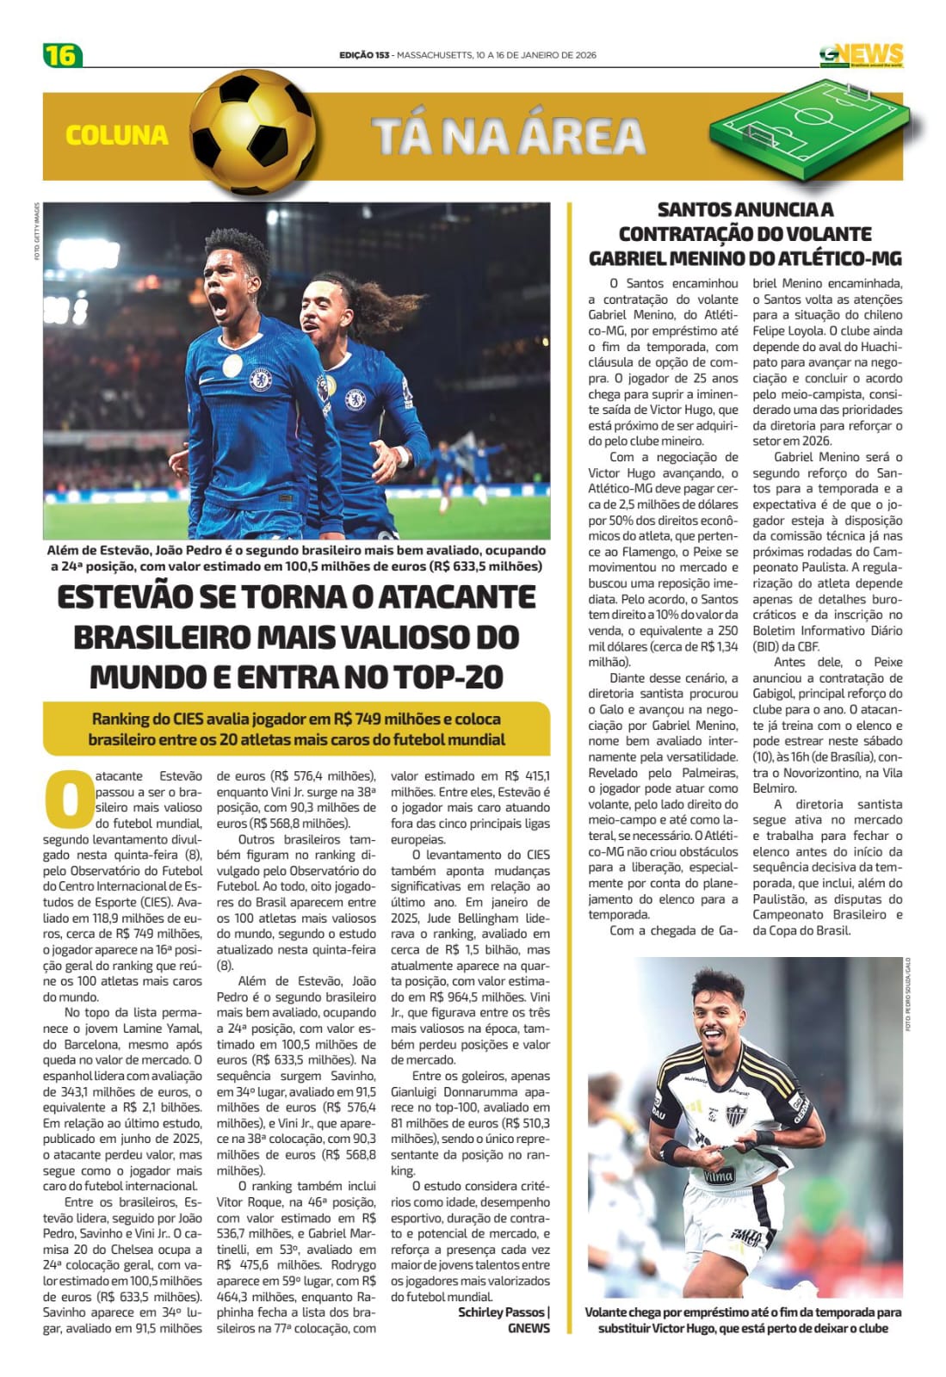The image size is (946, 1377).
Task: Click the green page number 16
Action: click(x=62, y=55)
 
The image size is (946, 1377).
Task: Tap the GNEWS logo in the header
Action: click(x=861, y=55)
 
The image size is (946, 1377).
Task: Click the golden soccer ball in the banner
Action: click(x=252, y=133)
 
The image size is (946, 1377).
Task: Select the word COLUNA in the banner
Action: click(x=116, y=135)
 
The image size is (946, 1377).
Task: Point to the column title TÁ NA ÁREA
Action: click(x=509, y=136)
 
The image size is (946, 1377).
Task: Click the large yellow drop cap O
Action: click(x=67, y=799)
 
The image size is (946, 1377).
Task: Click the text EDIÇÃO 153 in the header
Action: click(x=364, y=55)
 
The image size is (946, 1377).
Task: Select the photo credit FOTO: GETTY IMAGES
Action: click(x=37, y=232)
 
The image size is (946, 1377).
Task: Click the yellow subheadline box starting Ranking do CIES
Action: click(x=296, y=729)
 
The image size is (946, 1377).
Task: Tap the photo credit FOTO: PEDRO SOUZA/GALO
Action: click(x=907, y=994)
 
